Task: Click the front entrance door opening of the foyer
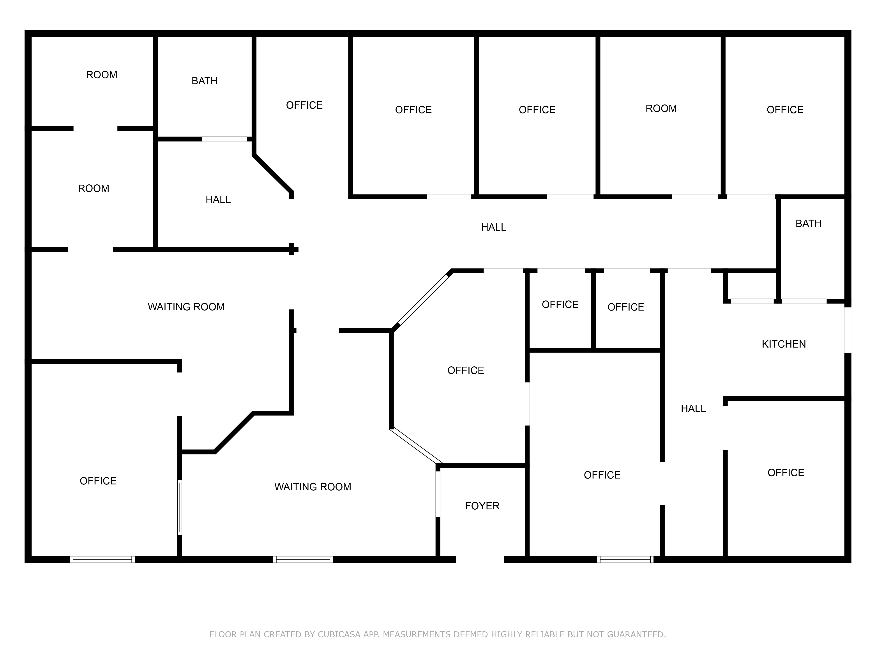tap(480, 559)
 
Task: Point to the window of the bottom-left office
tap(102, 559)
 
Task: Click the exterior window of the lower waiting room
tap(303, 559)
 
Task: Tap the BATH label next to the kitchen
tap(808, 224)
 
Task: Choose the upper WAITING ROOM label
tap(186, 307)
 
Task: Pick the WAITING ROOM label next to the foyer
tap(313, 487)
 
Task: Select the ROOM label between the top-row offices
tap(661, 108)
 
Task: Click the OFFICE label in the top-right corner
tap(784, 110)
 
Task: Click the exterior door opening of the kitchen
tap(848, 330)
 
